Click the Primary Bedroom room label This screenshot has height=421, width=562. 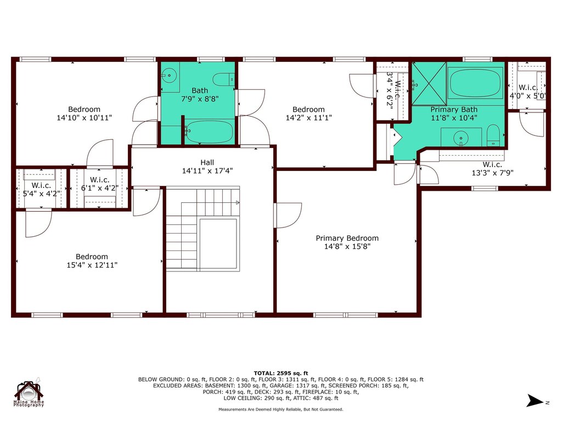(347, 238)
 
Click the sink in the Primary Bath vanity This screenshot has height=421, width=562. (460, 137)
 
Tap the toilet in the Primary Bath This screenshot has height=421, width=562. (493, 135)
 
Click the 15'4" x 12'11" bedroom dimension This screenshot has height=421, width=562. (92, 265)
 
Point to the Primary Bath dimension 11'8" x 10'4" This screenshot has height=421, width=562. (453, 117)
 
